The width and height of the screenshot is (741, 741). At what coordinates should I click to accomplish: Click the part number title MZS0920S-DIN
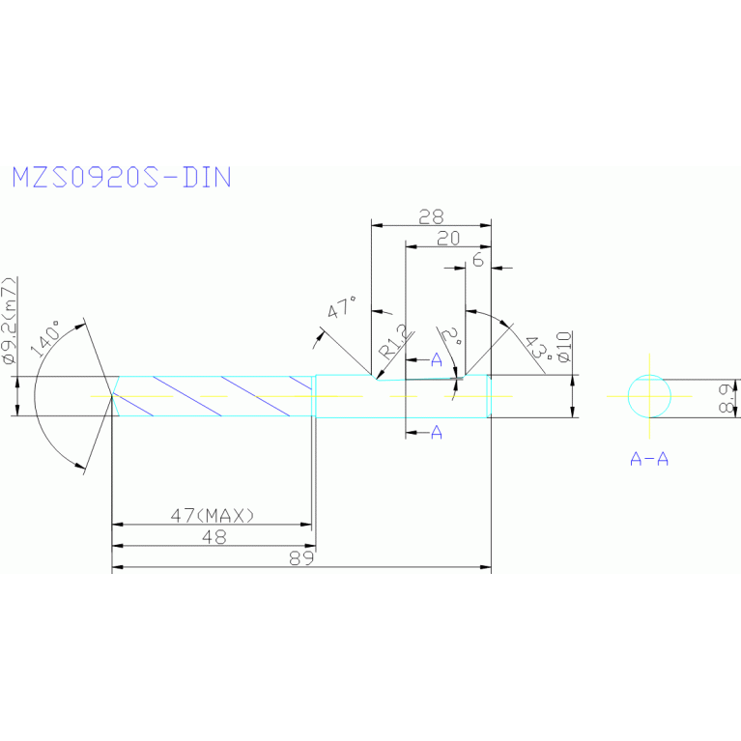click(121, 178)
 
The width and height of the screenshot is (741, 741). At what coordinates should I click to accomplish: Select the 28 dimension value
click(431, 216)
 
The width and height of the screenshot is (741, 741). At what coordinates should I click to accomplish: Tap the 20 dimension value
click(448, 239)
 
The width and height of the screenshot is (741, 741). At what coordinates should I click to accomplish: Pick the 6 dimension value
click(477, 261)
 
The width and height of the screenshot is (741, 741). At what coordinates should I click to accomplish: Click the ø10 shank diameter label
click(565, 347)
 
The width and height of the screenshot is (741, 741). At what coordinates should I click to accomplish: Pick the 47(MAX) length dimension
click(213, 516)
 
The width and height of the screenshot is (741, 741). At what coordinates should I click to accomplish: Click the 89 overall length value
click(302, 559)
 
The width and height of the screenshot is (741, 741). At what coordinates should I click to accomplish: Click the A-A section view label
click(649, 459)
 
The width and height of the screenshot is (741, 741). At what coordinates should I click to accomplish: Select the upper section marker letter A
click(436, 360)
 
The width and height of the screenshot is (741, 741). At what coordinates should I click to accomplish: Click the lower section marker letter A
click(436, 433)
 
